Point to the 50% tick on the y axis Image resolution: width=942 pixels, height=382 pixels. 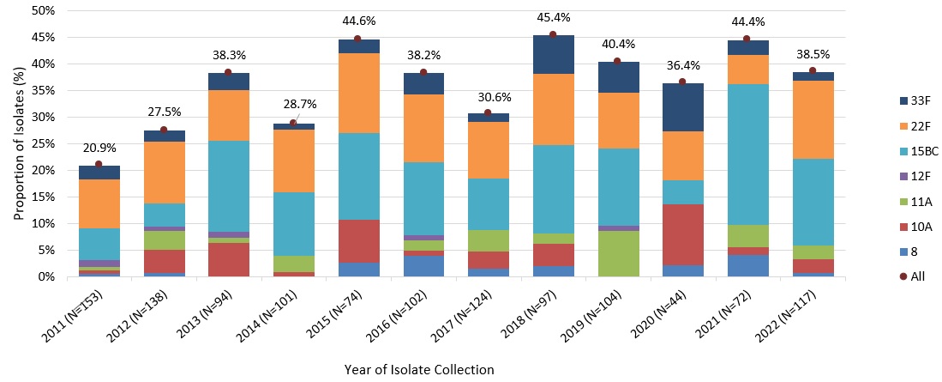click(43, 11)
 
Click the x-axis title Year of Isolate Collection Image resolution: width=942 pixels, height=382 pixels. click(419, 369)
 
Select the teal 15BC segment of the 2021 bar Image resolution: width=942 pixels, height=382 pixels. click(747, 155)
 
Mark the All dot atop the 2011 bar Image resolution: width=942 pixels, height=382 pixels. click(99, 164)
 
